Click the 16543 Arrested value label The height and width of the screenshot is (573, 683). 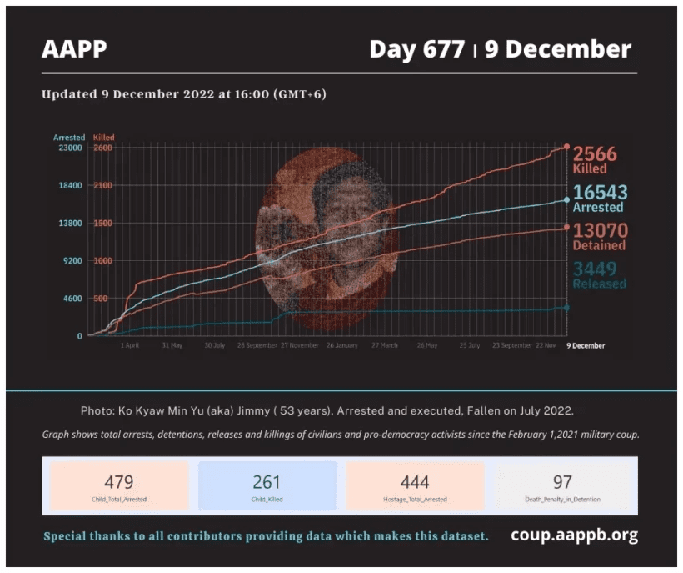point(599,199)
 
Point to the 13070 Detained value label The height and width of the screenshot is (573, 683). point(599,236)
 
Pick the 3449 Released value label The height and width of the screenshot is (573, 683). point(599,274)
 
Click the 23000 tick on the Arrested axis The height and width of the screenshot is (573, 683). point(68,148)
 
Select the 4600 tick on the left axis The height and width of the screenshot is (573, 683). point(70,299)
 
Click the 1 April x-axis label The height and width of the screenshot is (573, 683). point(130,345)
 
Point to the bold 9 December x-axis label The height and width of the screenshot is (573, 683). point(586,345)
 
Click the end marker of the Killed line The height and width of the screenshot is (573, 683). point(566,147)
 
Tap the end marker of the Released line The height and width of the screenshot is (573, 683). point(566,308)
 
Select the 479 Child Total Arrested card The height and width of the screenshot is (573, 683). point(119,486)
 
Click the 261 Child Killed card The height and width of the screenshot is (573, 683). point(267,486)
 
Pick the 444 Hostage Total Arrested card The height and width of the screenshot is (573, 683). point(414,486)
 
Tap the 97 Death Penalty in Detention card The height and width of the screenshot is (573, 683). point(562,486)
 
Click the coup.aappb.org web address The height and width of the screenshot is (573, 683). point(574,535)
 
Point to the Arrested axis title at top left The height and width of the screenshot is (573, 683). point(68,137)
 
